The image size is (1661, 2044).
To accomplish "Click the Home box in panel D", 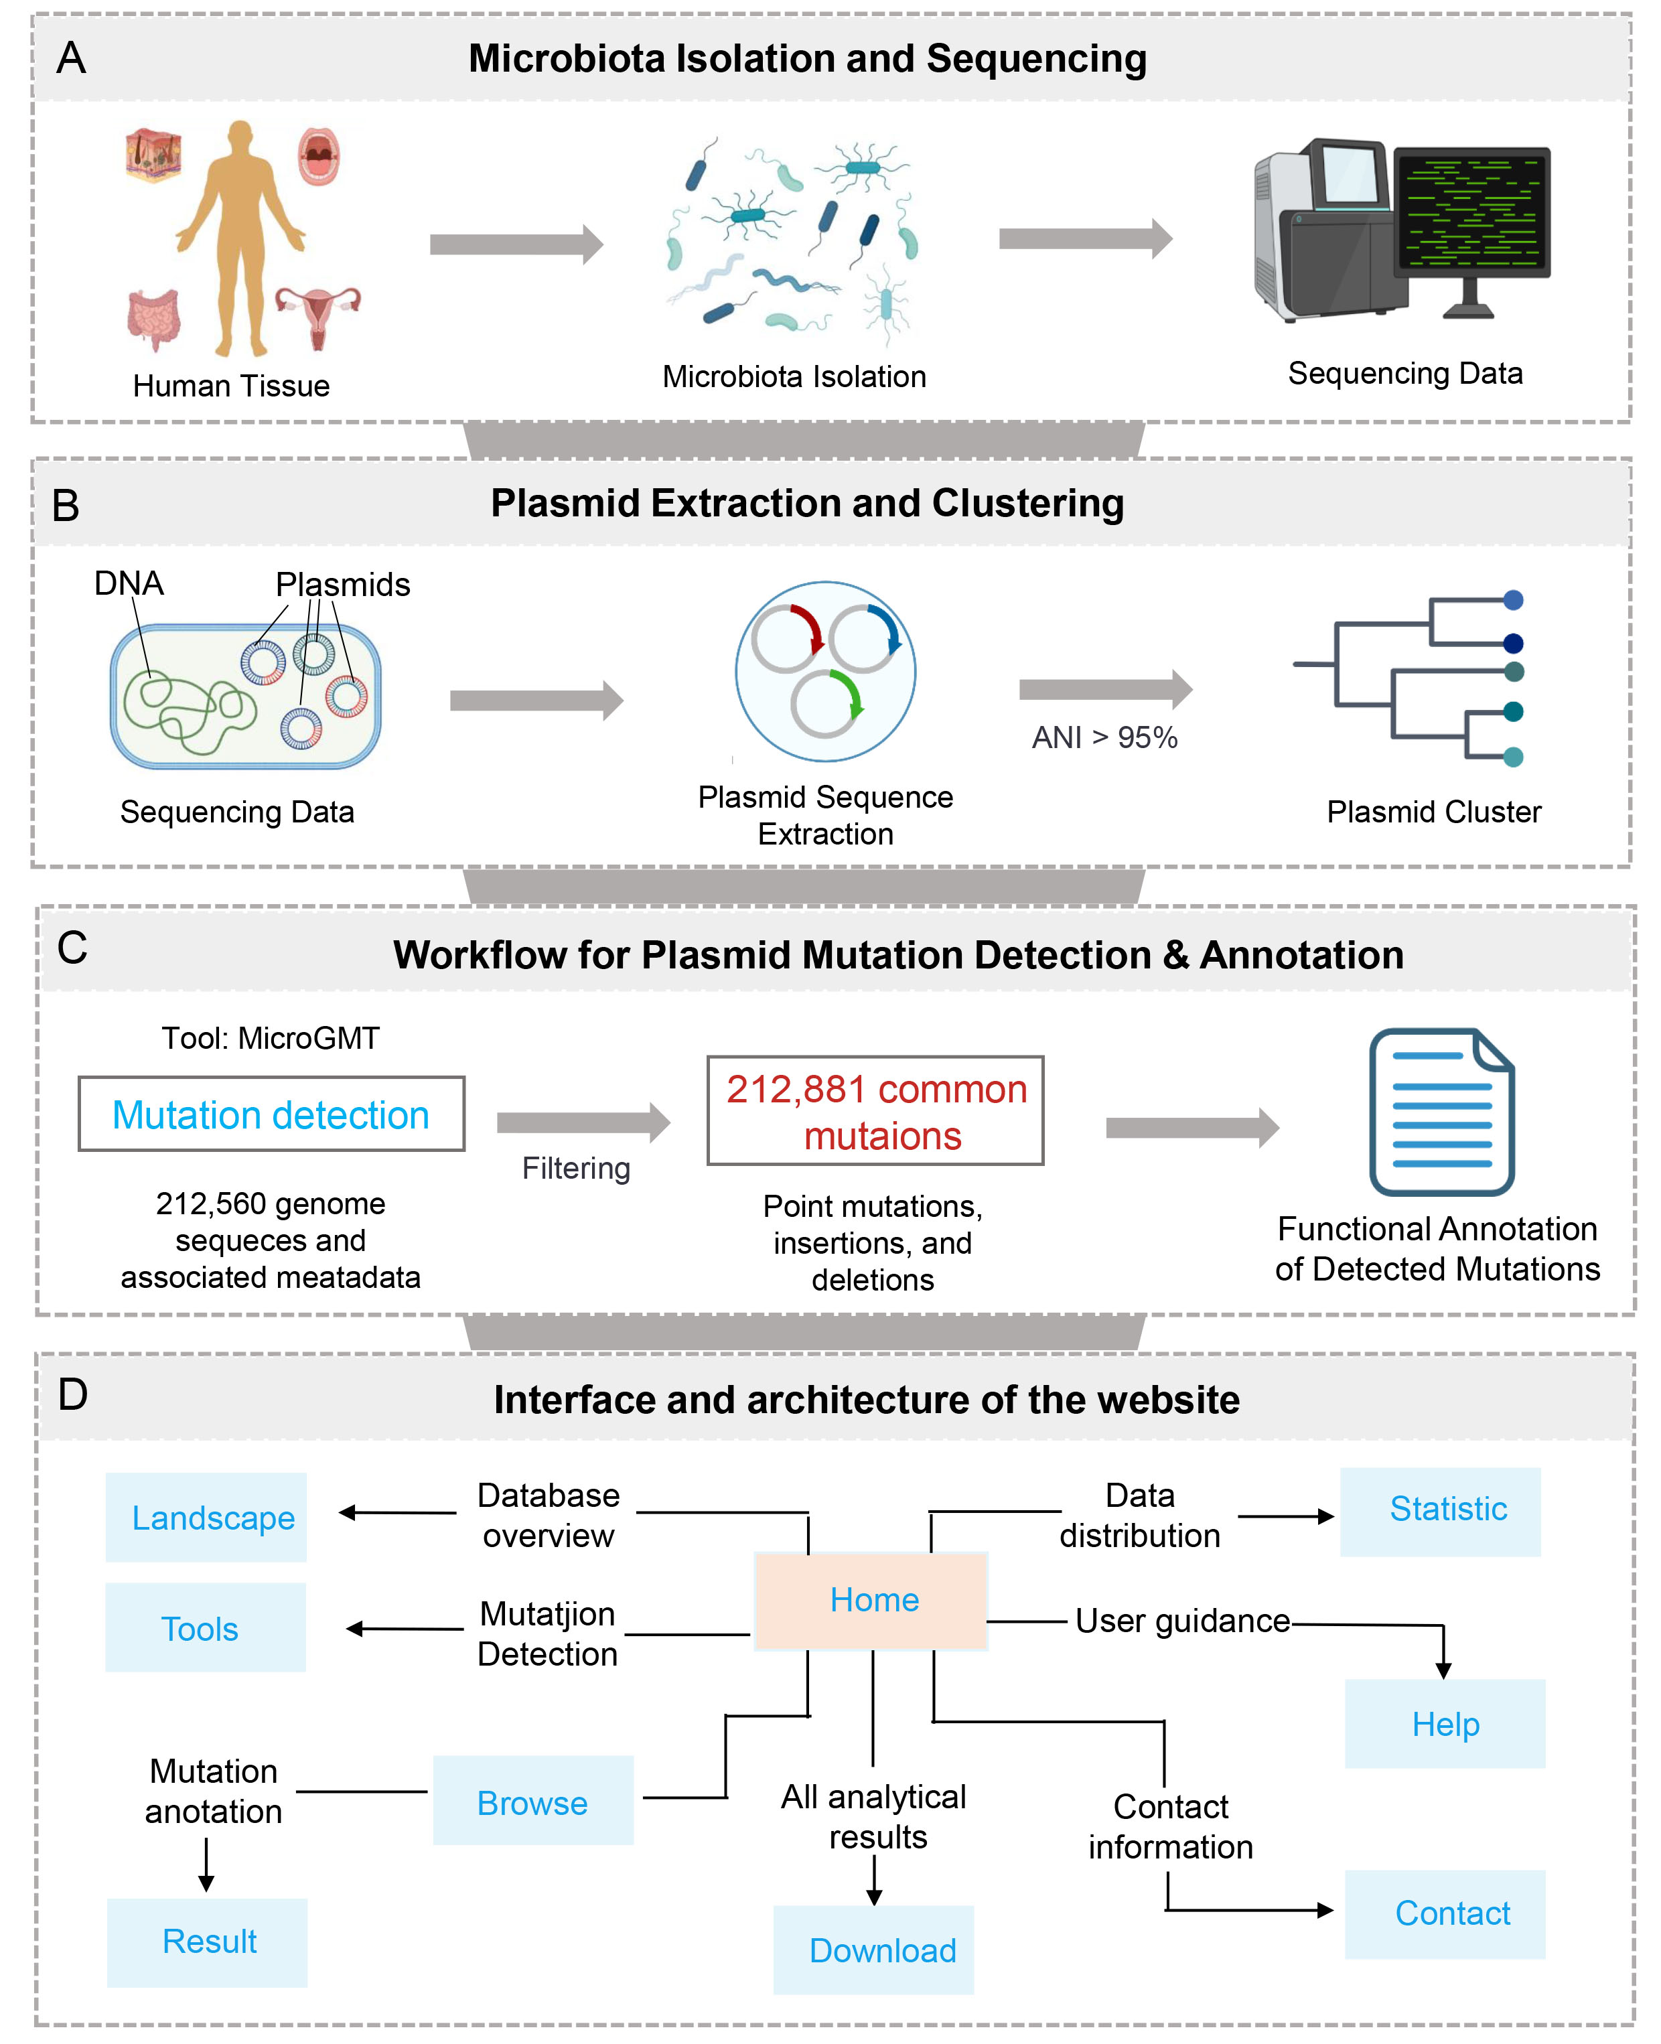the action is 871,1600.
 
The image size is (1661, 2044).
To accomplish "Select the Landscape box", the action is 206,1517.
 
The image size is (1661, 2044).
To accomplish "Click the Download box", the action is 873,1950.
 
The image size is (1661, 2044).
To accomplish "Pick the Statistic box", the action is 1440,1512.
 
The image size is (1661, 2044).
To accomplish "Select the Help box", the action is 1445,1724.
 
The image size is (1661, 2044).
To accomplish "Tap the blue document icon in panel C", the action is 1442,1112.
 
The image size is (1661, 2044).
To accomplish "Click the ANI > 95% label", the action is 1104,737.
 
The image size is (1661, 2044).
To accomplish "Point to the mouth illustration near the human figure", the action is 319,156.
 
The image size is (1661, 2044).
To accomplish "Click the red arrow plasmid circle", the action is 786,638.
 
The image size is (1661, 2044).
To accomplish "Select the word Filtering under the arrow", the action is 576,1169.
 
